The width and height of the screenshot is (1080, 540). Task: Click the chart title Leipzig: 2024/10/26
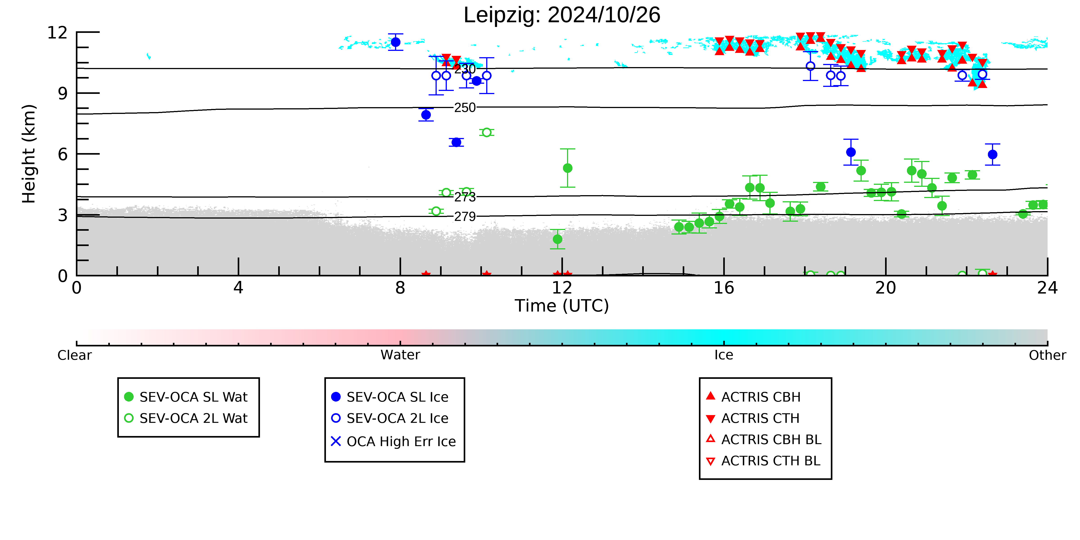562,15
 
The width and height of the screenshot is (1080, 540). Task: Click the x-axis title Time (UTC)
562,306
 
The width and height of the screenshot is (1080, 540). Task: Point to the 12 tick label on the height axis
57,33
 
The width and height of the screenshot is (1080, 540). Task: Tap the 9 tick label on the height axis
63,93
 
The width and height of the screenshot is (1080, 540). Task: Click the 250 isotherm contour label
465,108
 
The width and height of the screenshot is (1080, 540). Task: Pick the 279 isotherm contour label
465,217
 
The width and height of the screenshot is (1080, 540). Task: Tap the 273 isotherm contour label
465,197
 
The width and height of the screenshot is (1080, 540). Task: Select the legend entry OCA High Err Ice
393,441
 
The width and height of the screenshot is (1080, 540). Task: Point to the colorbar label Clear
75,355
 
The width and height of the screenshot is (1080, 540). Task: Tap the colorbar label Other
1047,355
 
